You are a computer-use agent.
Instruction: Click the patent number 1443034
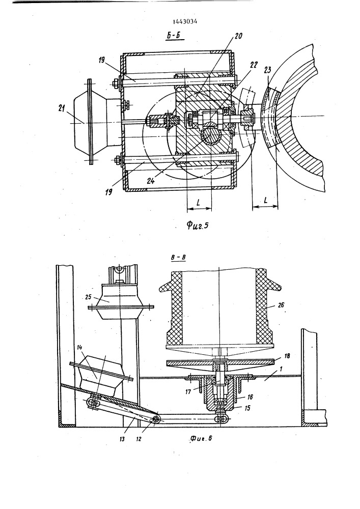click(x=185, y=22)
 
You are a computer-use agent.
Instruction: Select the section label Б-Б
click(x=173, y=36)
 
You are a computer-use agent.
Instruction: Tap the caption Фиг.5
click(x=197, y=225)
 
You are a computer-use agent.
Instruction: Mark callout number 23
click(x=268, y=70)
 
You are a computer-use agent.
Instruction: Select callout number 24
click(x=150, y=181)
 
